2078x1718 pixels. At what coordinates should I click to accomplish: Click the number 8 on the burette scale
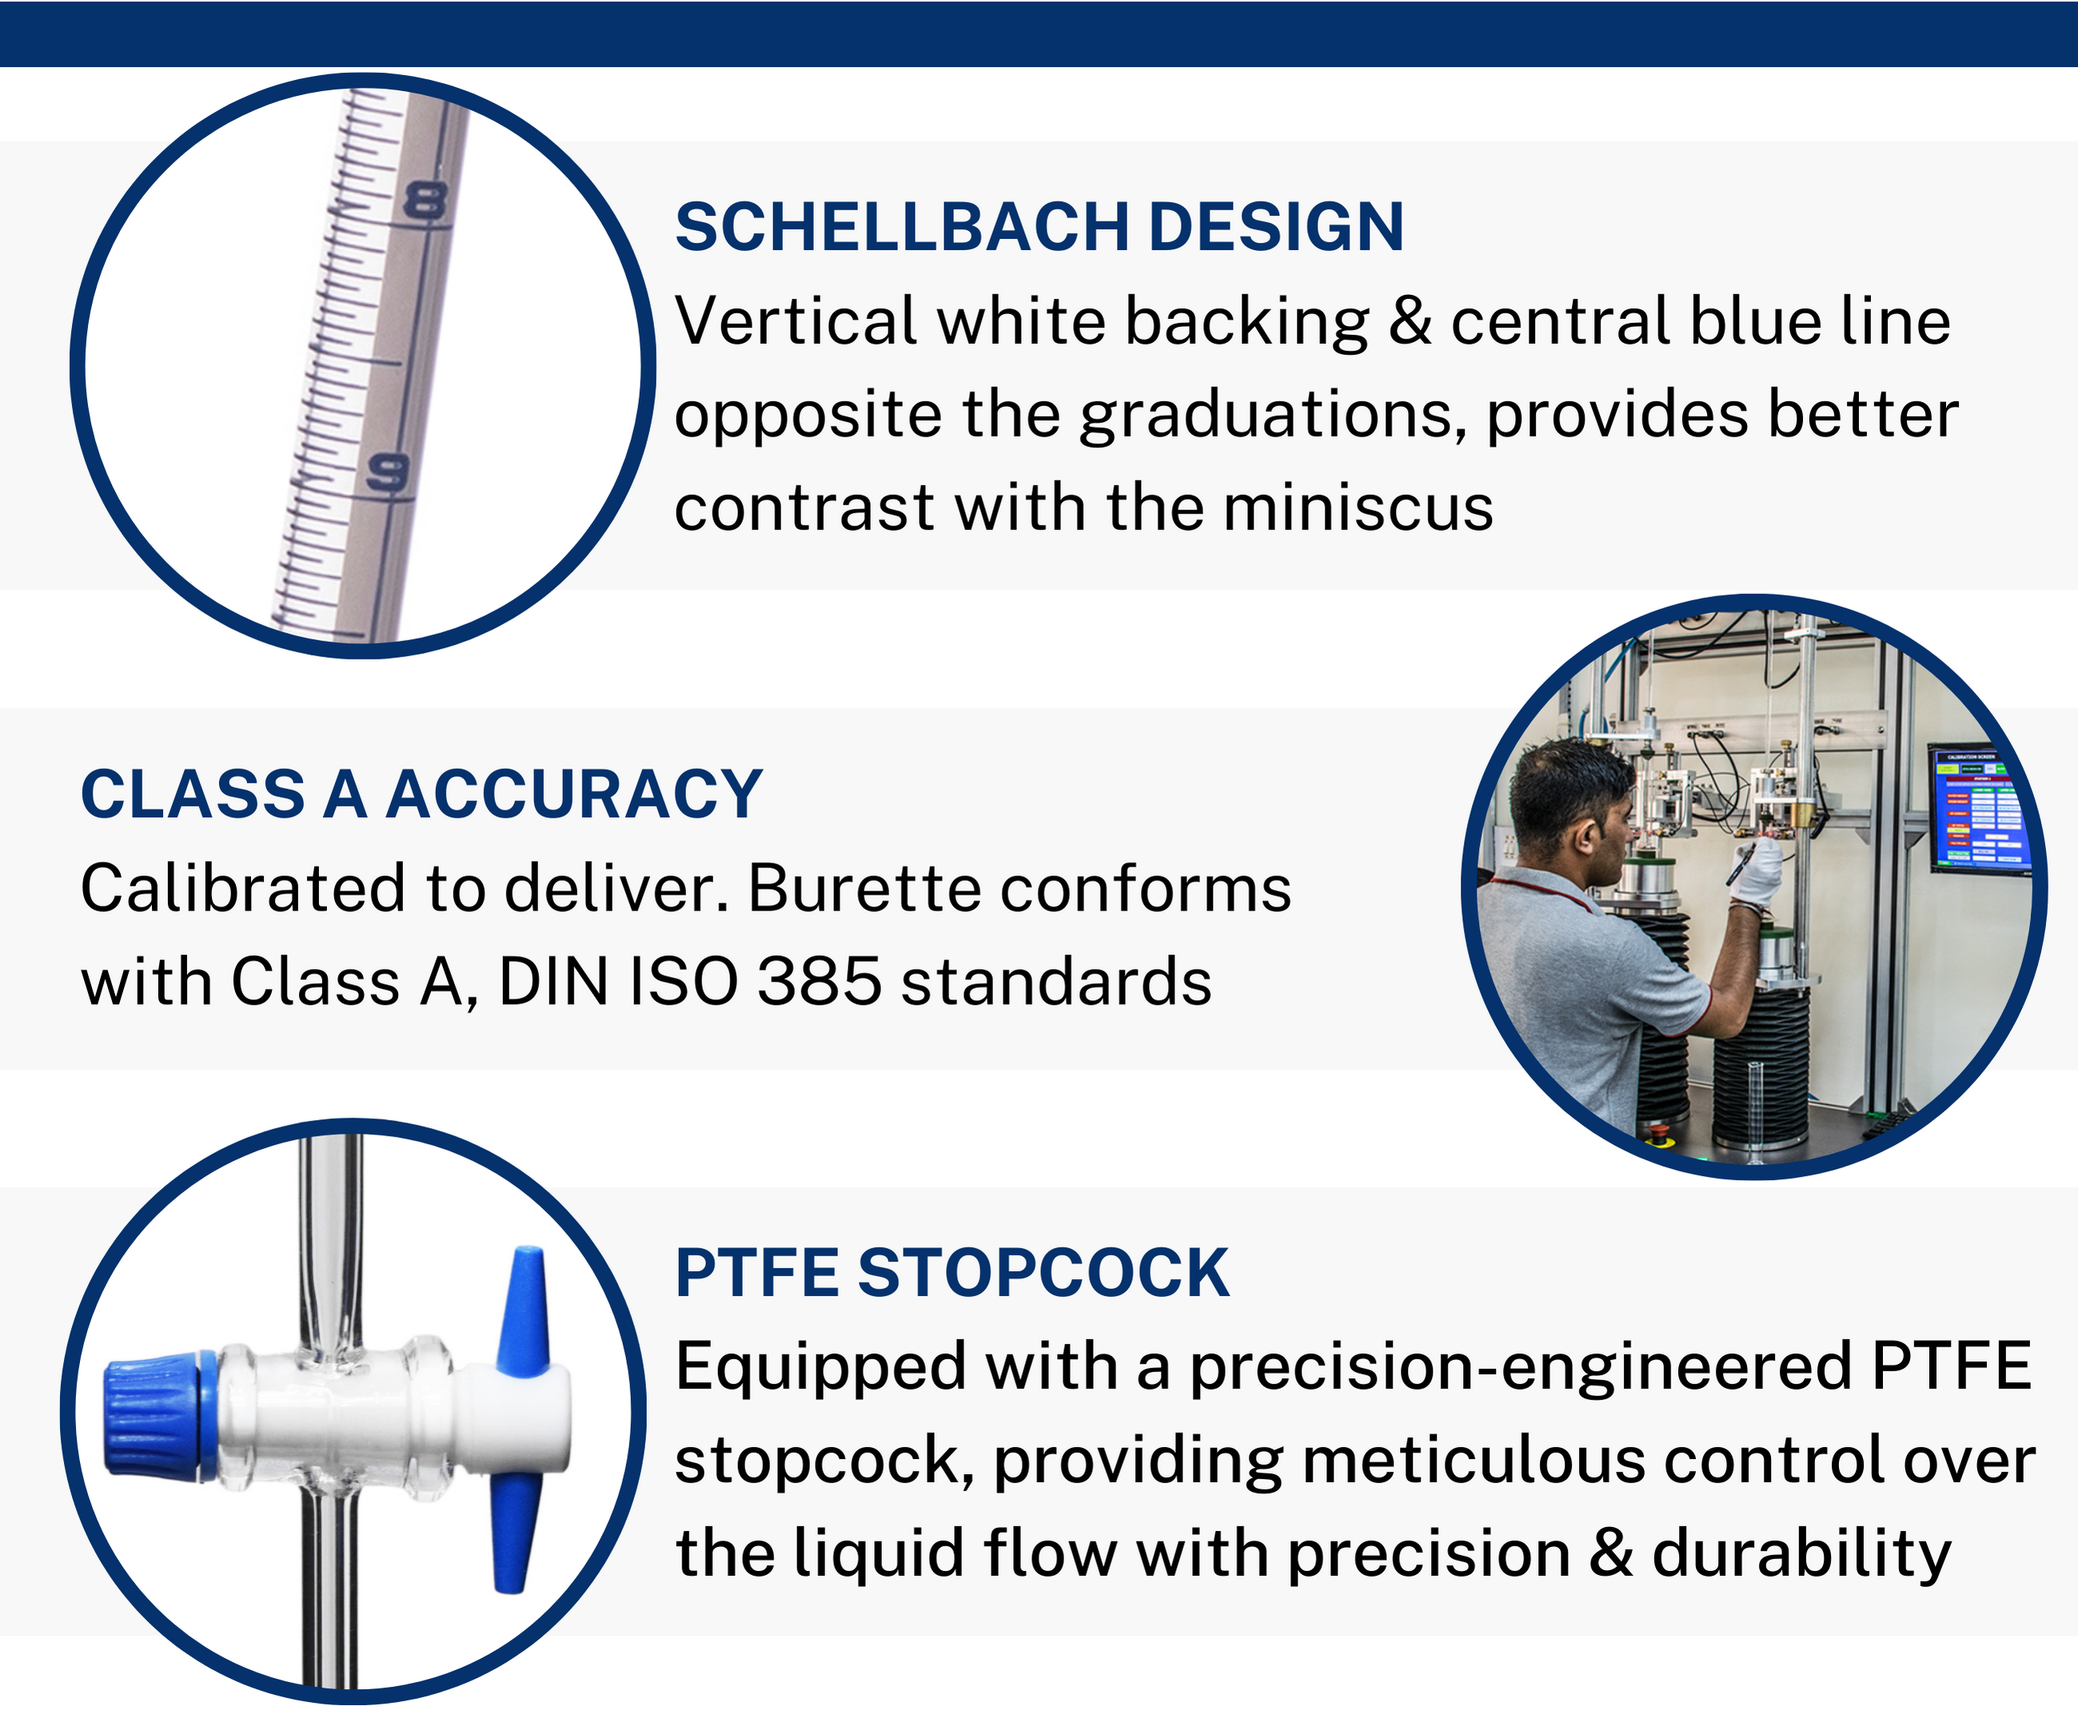click(x=425, y=202)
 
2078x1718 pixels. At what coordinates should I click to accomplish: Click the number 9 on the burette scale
click(x=388, y=473)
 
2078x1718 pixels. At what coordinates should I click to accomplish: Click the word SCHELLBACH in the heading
click(x=900, y=228)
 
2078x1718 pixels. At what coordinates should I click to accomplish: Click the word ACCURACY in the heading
click(x=574, y=795)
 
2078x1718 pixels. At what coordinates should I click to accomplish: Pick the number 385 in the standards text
click(x=819, y=982)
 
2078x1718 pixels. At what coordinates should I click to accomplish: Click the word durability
click(x=1801, y=1554)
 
